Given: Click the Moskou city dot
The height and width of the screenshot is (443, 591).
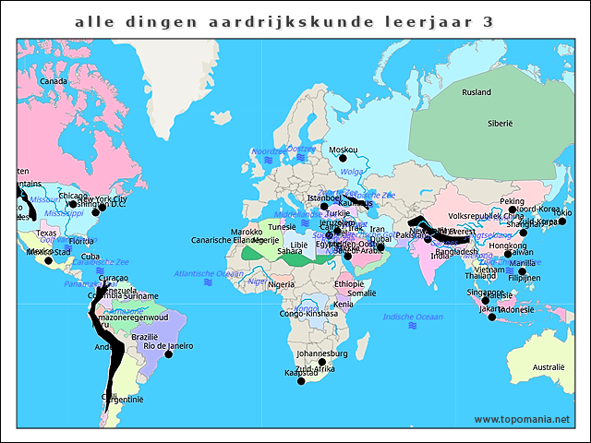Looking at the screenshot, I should (x=343, y=158).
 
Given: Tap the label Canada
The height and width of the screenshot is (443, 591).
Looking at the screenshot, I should (x=54, y=81).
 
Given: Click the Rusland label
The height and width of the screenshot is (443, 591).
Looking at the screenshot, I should (x=476, y=92).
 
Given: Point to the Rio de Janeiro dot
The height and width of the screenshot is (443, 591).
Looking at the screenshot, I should (x=168, y=354).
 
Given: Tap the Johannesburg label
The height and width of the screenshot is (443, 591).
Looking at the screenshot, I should (x=321, y=353).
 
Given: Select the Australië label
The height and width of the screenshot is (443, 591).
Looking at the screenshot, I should (x=548, y=367).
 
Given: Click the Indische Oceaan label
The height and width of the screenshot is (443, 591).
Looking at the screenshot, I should (x=412, y=317).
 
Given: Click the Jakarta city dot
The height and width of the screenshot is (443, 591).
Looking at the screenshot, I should (x=491, y=317).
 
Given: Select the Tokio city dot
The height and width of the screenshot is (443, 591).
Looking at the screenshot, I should (x=562, y=221).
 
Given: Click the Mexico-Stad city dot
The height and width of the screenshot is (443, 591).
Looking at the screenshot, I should (x=48, y=260).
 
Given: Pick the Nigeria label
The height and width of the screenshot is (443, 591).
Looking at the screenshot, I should (x=281, y=285).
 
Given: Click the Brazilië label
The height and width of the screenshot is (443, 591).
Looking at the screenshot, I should (x=144, y=337).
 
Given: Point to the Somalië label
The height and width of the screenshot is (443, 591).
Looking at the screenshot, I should (x=361, y=293).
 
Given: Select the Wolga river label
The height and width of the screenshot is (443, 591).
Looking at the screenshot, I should (x=352, y=172).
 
